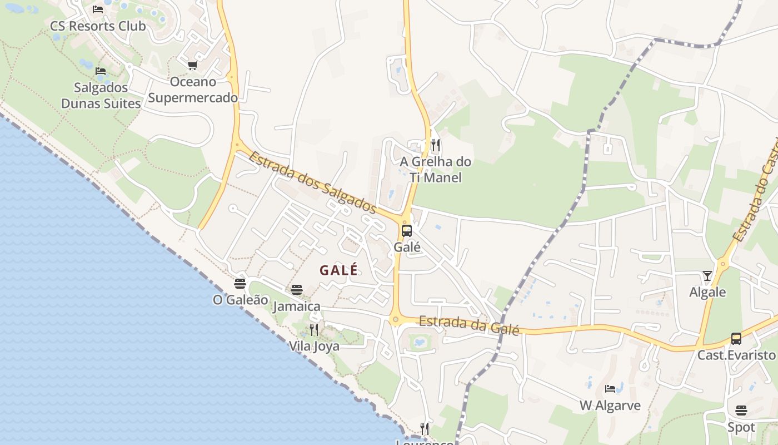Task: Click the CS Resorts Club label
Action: [98, 26]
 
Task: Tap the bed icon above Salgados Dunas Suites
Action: [101, 71]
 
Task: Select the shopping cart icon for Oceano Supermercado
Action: [192, 66]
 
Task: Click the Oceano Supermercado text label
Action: [193, 90]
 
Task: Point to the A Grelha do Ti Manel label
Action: [436, 170]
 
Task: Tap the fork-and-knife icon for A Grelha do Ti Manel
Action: [436, 145]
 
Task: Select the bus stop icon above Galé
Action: [407, 230]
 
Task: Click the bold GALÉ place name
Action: [338, 270]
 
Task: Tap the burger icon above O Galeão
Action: [240, 284]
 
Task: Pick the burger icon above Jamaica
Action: [297, 290]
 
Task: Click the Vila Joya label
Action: [314, 346]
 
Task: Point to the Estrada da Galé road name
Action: [469, 325]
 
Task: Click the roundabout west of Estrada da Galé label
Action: [396, 319]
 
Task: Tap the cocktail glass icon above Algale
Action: [707, 275]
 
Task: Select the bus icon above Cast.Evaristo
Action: [736, 338]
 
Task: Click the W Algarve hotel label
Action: [610, 406]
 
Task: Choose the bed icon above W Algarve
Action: [610, 388]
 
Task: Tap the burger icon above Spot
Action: [741, 411]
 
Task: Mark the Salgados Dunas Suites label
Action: [101, 96]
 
